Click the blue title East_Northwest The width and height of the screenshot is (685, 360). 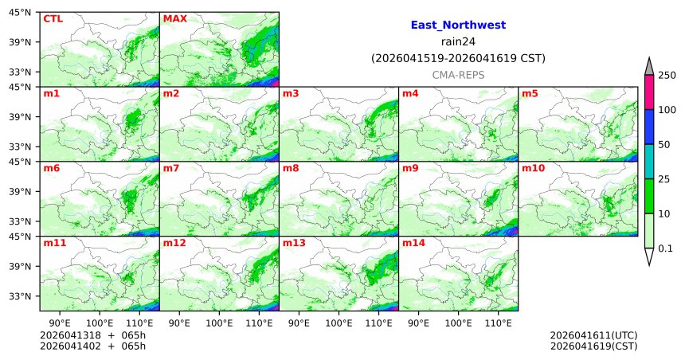click(x=458, y=25)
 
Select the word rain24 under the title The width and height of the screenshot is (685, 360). click(x=458, y=41)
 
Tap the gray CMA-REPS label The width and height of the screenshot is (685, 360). click(x=458, y=74)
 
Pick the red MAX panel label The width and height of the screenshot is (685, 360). click(x=174, y=18)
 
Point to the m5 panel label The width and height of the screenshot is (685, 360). click(x=530, y=94)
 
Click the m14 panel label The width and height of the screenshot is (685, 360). click(x=413, y=243)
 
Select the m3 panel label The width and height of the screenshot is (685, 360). click(x=291, y=94)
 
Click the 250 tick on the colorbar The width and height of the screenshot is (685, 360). click(x=667, y=76)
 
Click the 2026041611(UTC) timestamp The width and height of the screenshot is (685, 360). click(x=593, y=335)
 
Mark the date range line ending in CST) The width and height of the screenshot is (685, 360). click(x=458, y=58)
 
